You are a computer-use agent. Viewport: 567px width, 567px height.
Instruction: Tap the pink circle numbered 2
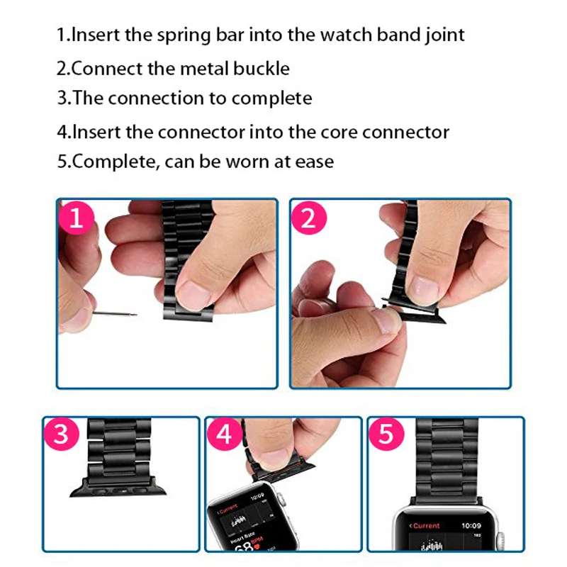click(x=309, y=218)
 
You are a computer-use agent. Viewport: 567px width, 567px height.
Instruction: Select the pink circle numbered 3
click(x=62, y=434)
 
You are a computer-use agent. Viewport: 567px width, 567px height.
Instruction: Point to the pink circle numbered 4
click(x=225, y=434)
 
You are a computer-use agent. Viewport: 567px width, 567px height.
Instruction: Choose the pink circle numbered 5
click(x=386, y=434)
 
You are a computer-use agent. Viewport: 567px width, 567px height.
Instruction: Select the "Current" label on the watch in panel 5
click(x=425, y=526)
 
